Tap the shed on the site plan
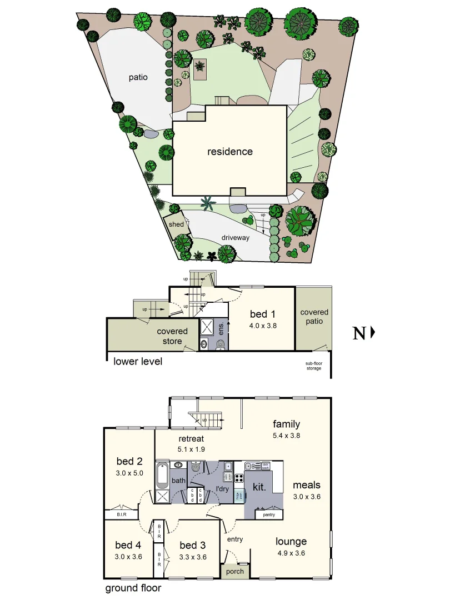[x=176, y=224]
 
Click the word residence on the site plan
[x=230, y=151]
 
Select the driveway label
[x=236, y=237]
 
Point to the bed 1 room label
[x=263, y=315]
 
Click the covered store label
[x=172, y=336]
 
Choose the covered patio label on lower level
[x=314, y=317]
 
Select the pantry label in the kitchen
[x=269, y=515]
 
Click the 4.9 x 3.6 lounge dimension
[x=291, y=553]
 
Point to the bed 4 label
[x=129, y=545]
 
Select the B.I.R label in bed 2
[x=122, y=514]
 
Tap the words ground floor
[x=133, y=588]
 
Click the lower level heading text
[x=138, y=362]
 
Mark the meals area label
[x=307, y=485]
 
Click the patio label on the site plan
[x=138, y=77]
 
